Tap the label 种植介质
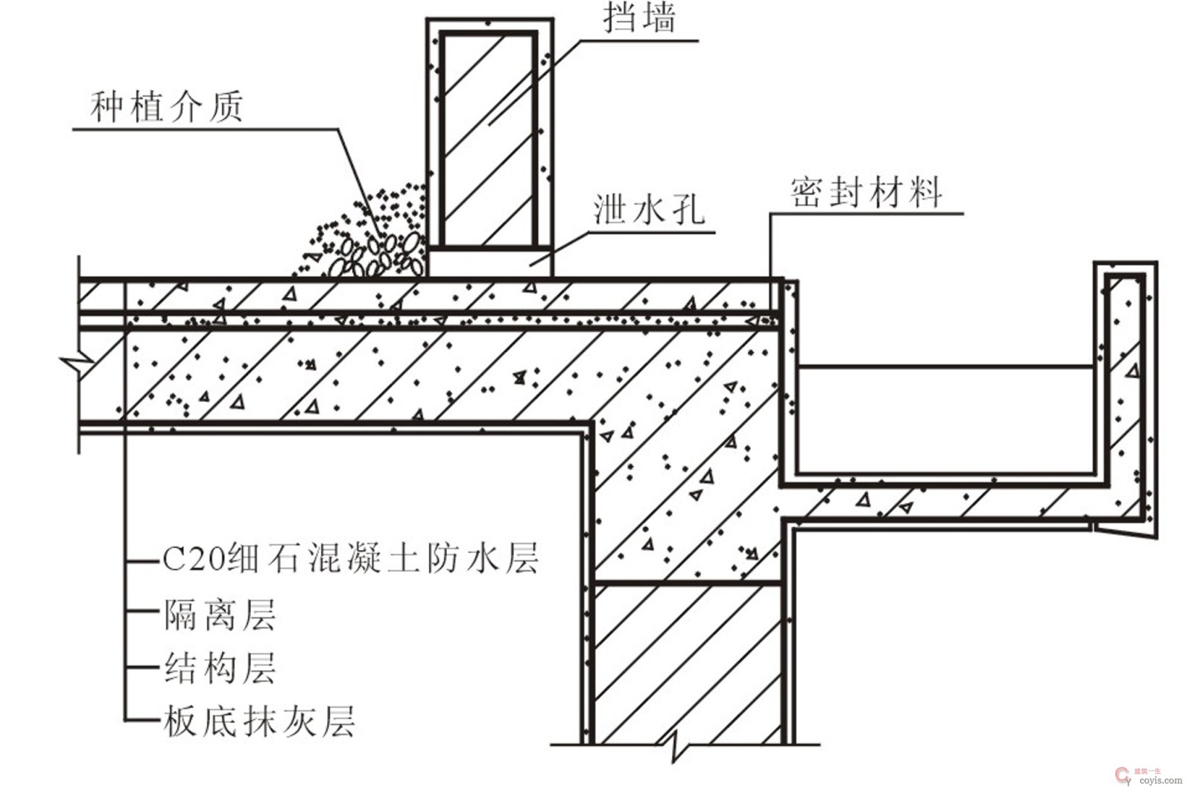pos(167,107)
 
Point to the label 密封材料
pos(866,192)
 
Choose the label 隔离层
pos(220,615)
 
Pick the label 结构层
pos(220,668)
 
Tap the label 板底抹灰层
pos(259,721)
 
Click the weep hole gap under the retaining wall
pos(488,262)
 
